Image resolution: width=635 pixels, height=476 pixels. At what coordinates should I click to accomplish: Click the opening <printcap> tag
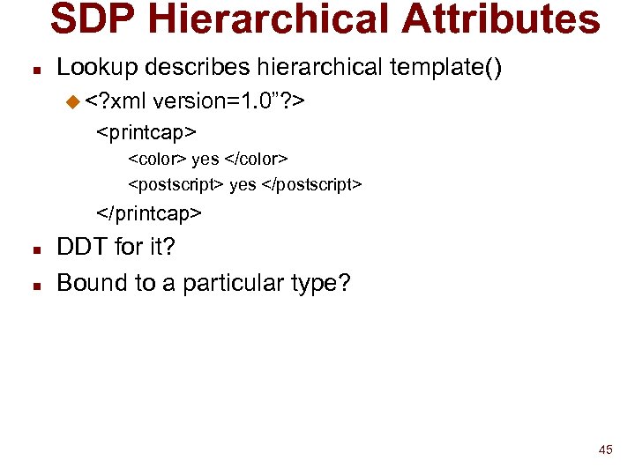[146, 132]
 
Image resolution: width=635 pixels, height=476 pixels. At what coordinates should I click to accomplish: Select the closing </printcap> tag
[149, 213]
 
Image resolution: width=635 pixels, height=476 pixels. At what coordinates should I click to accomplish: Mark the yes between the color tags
[205, 160]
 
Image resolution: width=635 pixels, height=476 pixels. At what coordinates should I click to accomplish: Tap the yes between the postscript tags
[243, 185]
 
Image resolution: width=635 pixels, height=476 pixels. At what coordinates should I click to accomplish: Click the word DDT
[82, 247]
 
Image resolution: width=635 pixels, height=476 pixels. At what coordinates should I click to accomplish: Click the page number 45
[605, 450]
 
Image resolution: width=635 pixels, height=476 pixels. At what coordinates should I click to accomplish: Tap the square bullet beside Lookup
[33, 69]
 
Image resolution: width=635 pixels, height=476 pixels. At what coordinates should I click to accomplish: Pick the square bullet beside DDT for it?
[33, 248]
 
